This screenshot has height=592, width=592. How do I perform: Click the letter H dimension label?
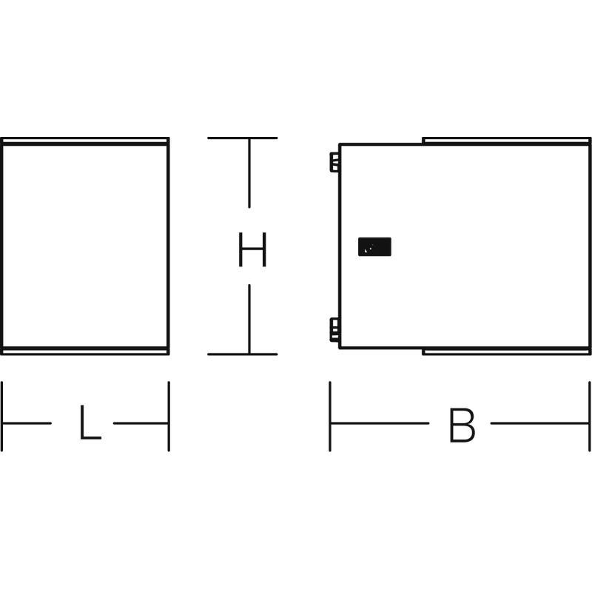pyautogui.click(x=252, y=249)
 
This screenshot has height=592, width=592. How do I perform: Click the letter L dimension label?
pyautogui.click(x=90, y=422)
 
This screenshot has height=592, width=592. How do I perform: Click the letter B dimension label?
pyautogui.click(x=462, y=425)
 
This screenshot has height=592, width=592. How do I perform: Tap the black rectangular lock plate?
pyautogui.click(x=374, y=246)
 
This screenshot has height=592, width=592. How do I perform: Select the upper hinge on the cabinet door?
pyautogui.click(x=334, y=162)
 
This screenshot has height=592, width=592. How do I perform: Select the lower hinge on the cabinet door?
pyautogui.click(x=334, y=330)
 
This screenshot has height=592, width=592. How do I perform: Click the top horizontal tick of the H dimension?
pyautogui.click(x=243, y=138)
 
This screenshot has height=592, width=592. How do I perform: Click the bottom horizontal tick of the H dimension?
pyautogui.click(x=243, y=354)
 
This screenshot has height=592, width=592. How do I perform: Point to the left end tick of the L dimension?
pyautogui.click(x=2, y=416)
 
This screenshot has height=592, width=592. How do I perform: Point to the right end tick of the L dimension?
pyautogui.click(x=169, y=416)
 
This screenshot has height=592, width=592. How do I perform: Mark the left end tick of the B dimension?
pyautogui.click(x=330, y=416)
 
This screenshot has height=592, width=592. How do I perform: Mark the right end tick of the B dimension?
pyautogui.click(x=589, y=416)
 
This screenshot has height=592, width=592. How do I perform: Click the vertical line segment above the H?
pyautogui.click(x=249, y=173)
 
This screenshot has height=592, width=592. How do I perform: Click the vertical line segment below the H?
pyautogui.click(x=249, y=319)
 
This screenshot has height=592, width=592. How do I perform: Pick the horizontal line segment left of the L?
pyautogui.click(x=27, y=423)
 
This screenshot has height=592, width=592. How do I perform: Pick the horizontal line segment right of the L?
pyautogui.click(x=141, y=423)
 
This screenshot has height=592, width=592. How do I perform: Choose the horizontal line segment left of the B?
pyautogui.click(x=380, y=423)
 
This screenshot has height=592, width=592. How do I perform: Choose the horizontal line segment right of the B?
pyautogui.click(x=540, y=423)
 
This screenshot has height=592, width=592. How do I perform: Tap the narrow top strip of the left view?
pyautogui.click(x=85, y=141)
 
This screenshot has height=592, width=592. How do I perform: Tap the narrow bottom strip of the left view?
pyautogui.click(x=85, y=351)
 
